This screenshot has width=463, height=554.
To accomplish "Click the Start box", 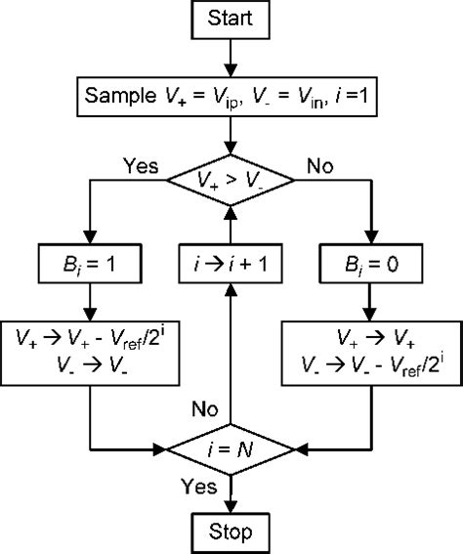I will (x=231, y=20).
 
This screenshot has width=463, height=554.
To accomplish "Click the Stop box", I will (x=231, y=533).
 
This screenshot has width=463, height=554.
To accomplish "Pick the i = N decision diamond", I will (x=231, y=448).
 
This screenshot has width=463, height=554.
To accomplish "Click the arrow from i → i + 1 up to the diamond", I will (x=231, y=224).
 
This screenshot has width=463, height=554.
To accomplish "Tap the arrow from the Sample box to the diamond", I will (x=231, y=137).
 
